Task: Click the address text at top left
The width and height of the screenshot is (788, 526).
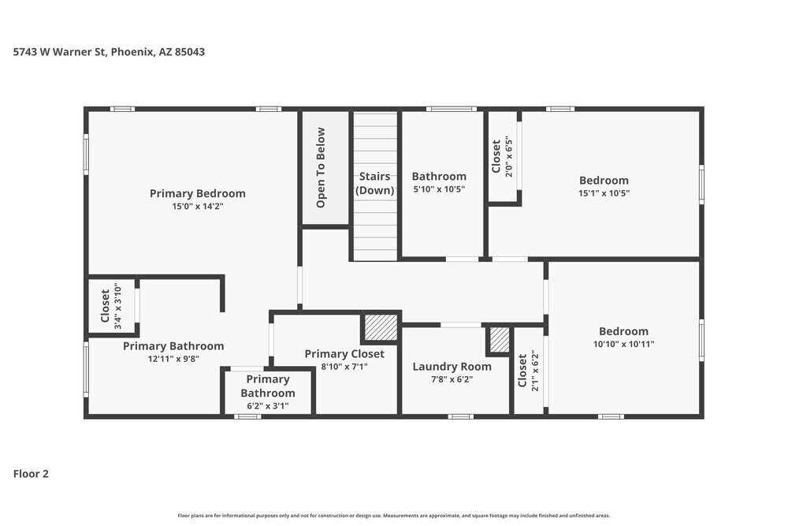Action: click(x=110, y=52)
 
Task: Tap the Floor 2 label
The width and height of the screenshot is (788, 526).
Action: click(x=31, y=474)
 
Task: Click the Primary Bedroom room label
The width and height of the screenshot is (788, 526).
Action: click(x=197, y=193)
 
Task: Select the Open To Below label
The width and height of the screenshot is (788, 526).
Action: click(x=321, y=168)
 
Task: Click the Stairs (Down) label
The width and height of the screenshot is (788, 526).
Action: click(x=375, y=183)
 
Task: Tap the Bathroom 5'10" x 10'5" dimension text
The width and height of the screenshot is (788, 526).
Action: click(x=439, y=189)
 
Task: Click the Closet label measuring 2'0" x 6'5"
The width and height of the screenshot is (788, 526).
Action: click(x=496, y=157)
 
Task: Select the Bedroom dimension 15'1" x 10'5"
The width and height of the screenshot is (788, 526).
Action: click(x=604, y=193)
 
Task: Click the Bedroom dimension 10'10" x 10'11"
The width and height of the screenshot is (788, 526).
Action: click(x=623, y=344)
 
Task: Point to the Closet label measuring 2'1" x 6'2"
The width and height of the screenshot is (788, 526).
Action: click(x=522, y=371)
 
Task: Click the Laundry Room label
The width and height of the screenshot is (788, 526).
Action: click(x=452, y=366)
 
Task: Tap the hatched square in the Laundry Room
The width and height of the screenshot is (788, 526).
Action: click(x=500, y=340)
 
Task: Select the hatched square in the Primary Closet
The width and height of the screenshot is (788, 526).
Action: click(x=381, y=327)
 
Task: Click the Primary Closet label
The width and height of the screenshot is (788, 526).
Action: click(x=344, y=354)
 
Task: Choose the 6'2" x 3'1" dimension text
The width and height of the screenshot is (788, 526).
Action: click(x=268, y=406)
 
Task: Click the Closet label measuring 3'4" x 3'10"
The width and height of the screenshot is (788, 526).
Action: click(x=106, y=306)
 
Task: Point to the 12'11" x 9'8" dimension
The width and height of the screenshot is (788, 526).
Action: click(x=173, y=358)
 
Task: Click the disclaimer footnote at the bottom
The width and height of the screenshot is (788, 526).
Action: click(x=393, y=514)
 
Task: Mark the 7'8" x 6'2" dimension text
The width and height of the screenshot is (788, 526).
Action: click(x=452, y=379)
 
